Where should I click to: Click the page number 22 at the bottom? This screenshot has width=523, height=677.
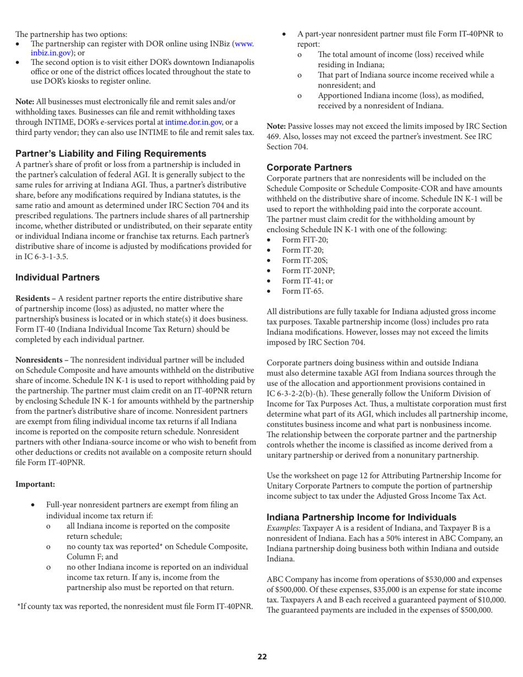[262, 656]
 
